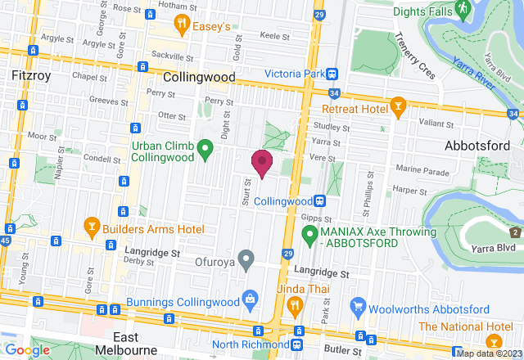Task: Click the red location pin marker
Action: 262,162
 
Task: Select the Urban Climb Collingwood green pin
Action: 206,149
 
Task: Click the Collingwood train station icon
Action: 322,200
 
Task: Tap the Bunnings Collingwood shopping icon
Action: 247,300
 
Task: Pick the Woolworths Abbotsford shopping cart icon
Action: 357,308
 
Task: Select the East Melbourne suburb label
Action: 137,344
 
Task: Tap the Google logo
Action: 27,350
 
